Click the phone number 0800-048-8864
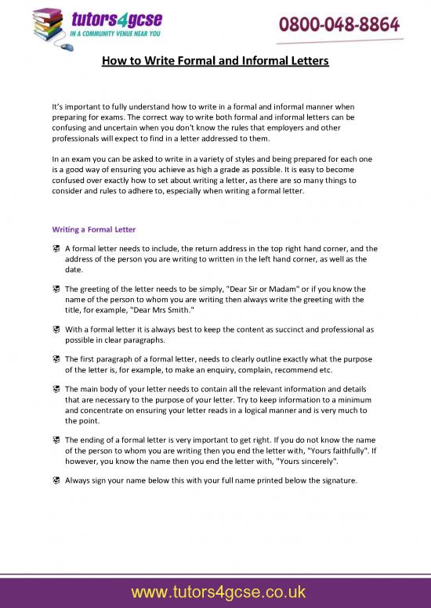coord(340,25)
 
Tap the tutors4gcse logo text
coord(106,20)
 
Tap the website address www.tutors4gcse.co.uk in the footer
coord(215,592)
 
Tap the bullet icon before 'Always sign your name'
coord(56,480)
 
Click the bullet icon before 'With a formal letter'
coord(56,329)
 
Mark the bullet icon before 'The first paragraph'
coord(56,359)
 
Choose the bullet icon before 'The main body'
coord(56,389)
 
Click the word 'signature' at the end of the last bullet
coord(339,480)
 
